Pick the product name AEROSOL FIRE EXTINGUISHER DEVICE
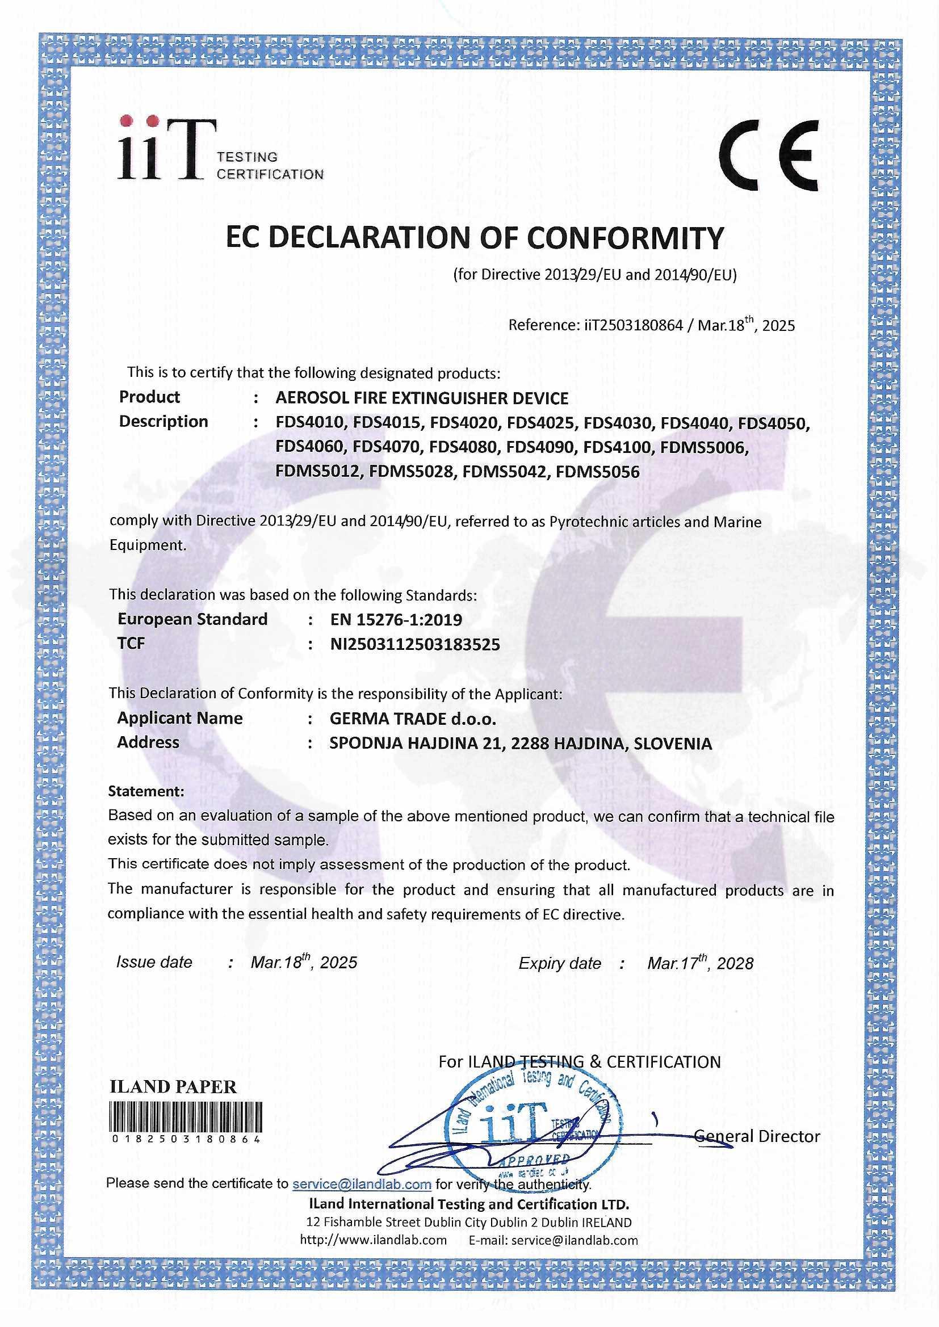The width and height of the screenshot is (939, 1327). tap(421, 398)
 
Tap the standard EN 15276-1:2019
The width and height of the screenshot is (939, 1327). tap(396, 620)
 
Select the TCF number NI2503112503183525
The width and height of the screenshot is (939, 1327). tap(414, 644)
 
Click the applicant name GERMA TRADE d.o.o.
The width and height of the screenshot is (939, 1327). tap(413, 719)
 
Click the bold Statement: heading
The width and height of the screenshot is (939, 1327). tap(146, 791)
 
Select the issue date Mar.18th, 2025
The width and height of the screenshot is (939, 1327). tap(304, 961)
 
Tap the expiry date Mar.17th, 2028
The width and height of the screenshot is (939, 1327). tap(700, 963)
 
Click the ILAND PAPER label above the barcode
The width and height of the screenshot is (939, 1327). tap(173, 1087)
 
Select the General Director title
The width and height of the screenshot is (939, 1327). tap(757, 1136)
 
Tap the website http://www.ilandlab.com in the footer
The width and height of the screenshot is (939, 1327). tap(373, 1240)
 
